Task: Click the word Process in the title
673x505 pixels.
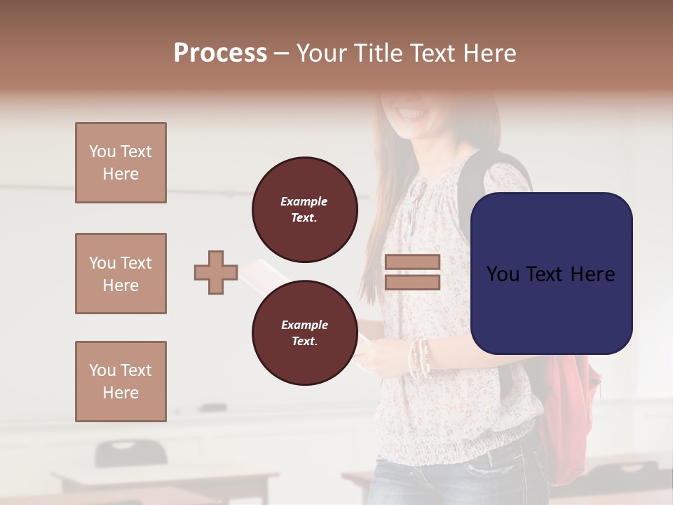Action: (x=220, y=53)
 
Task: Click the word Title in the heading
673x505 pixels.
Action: (x=376, y=53)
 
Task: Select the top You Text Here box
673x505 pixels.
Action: (x=121, y=163)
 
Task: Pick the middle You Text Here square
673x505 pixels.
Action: (x=121, y=274)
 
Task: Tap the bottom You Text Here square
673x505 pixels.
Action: (x=121, y=382)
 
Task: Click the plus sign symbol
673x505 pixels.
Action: (x=216, y=273)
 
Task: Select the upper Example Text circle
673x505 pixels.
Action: (x=304, y=210)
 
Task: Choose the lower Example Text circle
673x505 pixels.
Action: (x=304, y=333)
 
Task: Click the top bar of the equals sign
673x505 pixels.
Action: (x=412, y=262)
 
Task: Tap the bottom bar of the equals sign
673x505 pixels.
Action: (x=412, y=282)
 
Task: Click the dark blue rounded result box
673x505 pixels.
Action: (x=551, y=274)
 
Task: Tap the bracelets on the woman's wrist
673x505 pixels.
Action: (x=419, y=358)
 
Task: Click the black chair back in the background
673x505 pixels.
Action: (x=130, y=452)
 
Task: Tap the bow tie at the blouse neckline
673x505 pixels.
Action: (x=419, y=193)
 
